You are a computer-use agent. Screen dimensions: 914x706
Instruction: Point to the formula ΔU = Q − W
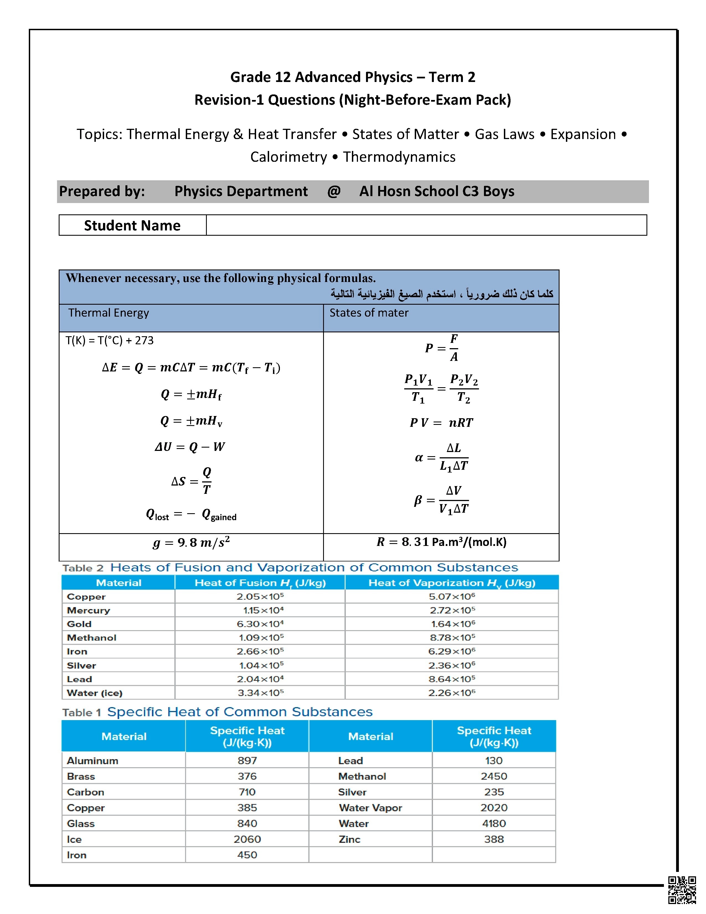(x=190, y=447)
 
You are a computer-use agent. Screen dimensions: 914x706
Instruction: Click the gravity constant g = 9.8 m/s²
(x=191, y=542)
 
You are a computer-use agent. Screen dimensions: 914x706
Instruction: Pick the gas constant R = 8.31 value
(x=441, y=542)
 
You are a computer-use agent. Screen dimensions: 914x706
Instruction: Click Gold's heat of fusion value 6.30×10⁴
(x=260, y=624)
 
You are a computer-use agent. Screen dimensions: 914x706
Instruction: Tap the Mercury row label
(x=88, y=610)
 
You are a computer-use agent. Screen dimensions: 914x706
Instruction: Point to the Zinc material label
(x=349, y=839)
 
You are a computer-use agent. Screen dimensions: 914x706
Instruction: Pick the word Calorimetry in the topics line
(x=288, y=157)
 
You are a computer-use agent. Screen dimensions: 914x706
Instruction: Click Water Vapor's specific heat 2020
(x=494, y=808)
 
